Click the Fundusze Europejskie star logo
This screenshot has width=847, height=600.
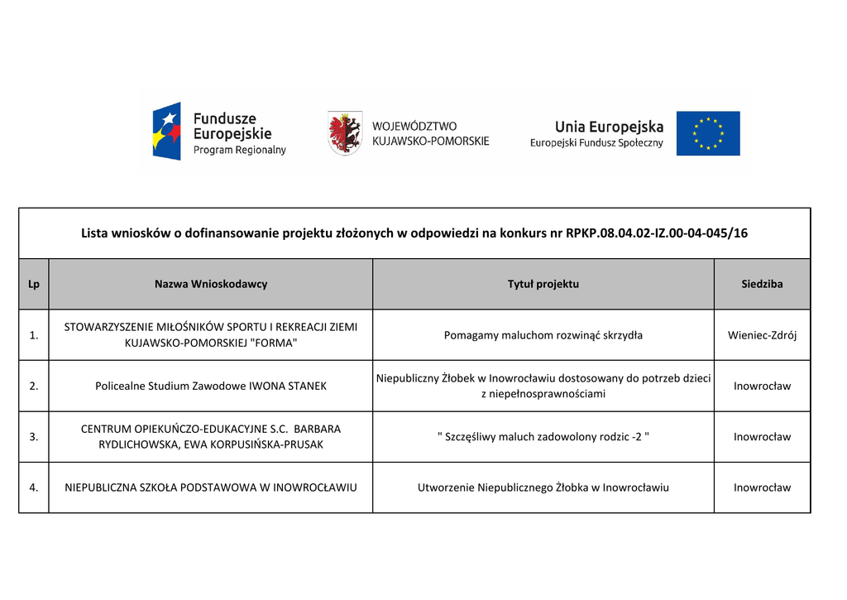tap(167, 131)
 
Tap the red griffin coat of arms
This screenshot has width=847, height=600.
tap(344, 132)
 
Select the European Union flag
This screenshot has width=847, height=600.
tap(708, 133)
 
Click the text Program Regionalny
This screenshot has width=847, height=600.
tap(239, 151)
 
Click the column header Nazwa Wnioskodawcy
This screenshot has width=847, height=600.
tap(211, 284)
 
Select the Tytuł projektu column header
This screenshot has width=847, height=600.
tap(543, 284)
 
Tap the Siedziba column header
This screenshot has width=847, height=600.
tap(762, 284)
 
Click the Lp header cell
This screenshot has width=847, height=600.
tap(34, 284)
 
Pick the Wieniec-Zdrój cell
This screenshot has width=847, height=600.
tap(762, 335)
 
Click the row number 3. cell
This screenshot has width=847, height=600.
tap(34, 437)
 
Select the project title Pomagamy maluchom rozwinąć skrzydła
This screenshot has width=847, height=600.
tap(543, 335)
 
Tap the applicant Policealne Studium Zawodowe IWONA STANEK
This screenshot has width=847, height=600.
tap(211, 386)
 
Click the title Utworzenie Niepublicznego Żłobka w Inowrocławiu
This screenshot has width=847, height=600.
tap(543, 487)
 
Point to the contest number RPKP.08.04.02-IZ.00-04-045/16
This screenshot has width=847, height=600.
tap(657, 233)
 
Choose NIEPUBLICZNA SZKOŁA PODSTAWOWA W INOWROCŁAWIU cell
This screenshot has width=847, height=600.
tap(211, 487)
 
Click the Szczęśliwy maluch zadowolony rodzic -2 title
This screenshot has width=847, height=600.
tap(543, 437)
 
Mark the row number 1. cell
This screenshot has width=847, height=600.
tap(34, 335)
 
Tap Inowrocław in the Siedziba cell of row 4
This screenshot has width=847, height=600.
tap(762, 487)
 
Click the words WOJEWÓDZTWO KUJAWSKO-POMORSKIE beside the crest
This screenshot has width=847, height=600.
tap(430, 133)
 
